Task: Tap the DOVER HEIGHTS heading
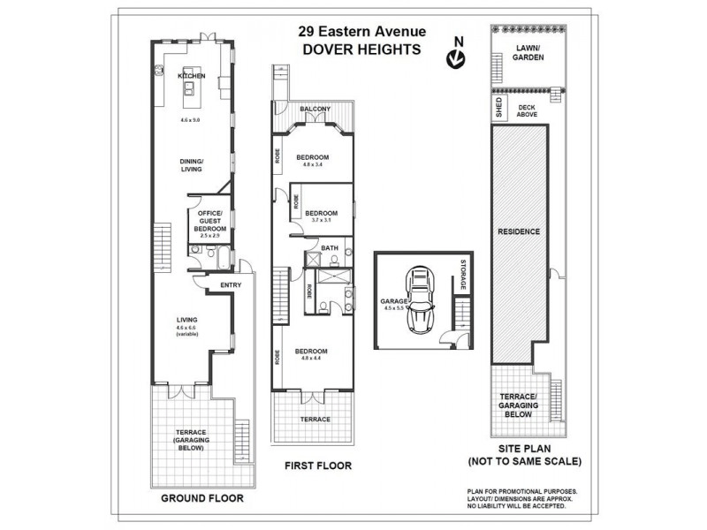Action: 361,49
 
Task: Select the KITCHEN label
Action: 192,77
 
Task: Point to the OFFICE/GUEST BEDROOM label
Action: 209,222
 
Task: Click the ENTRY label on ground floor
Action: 231,284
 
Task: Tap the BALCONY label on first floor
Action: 314,110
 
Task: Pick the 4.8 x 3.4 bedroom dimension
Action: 312,163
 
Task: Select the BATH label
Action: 330,248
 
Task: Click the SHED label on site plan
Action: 498,109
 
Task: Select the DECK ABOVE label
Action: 528,110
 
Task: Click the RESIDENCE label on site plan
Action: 520,231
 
